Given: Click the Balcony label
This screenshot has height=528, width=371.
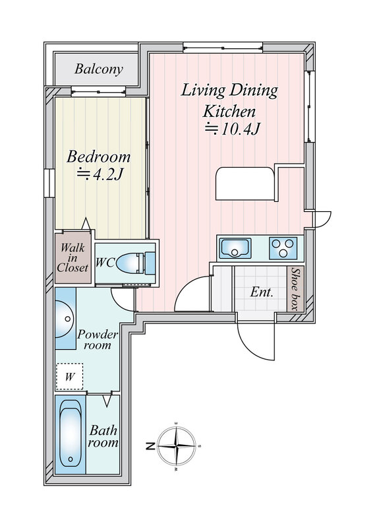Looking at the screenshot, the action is pyautogui.click(x=99, y=69).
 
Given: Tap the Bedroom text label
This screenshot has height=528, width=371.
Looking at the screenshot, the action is pyautogui.click(x=98, y=157).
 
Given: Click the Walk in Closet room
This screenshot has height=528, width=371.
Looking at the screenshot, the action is pyautogui.click(x=73, y=257).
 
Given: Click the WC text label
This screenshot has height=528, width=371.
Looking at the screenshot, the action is pyautogui.click(x=105, y=262).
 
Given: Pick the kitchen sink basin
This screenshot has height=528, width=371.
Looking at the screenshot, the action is pyautogui.click(x=235, y=248).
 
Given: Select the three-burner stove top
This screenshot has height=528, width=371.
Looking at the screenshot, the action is pyautogui.click(x=283, y=248).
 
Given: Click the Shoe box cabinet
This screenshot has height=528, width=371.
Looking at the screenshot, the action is pyautogui.click(x=295, y=289).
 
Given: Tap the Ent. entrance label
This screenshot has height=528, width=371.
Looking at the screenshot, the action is pyautogui.click(x=262, y=292).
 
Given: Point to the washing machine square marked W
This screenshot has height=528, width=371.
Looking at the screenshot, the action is pyautogui.click(x=69, y=376).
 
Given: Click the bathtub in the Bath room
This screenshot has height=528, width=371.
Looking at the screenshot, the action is pyautogui.click(x=71, y=434).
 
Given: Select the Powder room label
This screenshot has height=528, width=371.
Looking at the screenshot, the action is pyautogui.click(x=98, y=339).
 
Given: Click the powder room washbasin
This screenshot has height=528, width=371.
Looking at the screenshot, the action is pyautogui.click(x=64, y=319).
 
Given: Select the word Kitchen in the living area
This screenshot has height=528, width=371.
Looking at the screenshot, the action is pyautogui.click(x=229, y=112).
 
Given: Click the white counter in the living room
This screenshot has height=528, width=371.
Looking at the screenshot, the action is pyautogui.click(x=246, y=183).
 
